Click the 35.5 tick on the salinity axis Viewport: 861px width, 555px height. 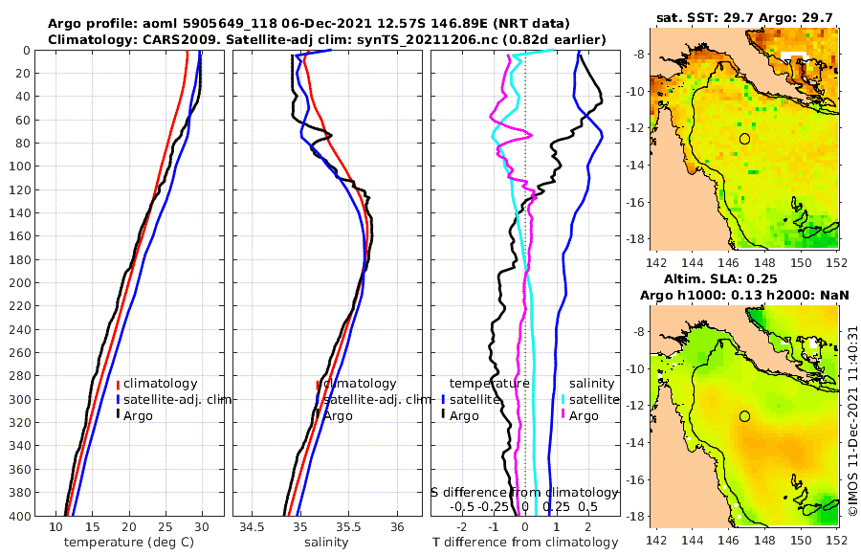click(348, 526)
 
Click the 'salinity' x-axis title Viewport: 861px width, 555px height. click(326, 543)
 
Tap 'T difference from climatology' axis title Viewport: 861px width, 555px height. click(525, 543)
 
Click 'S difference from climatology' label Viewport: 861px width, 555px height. click(524, 491)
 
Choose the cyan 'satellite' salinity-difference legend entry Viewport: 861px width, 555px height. click(593, 399)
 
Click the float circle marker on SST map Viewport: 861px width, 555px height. click(744, 139)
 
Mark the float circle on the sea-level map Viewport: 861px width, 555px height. click(744, 416)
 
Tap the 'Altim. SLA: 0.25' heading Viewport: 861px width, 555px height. click(745, 279)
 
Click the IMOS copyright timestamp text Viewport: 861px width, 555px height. click(853, 421)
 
